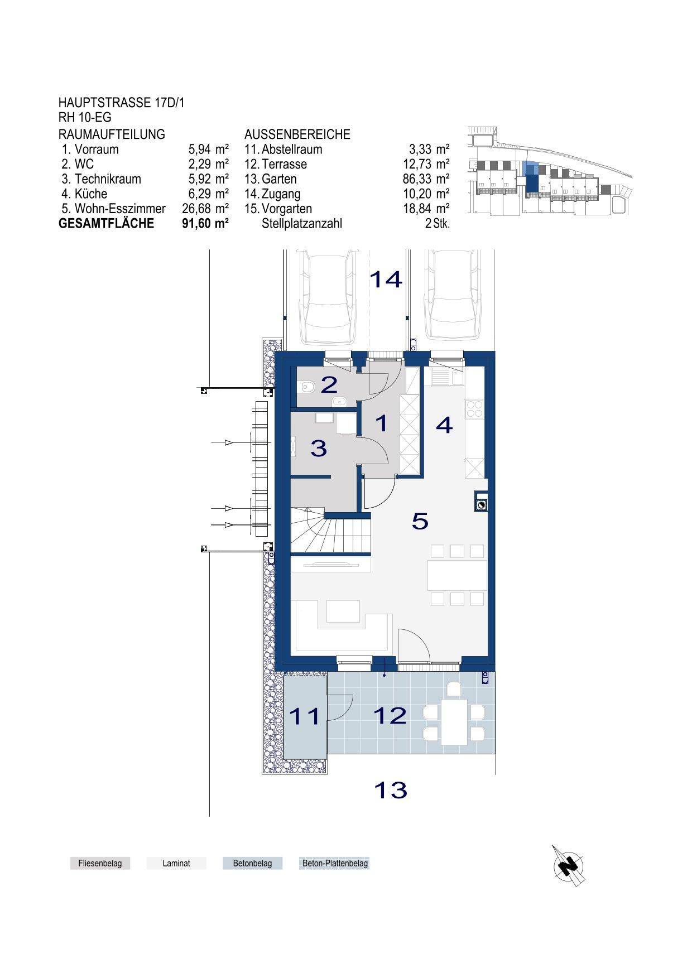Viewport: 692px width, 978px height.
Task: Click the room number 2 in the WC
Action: pos(329,384)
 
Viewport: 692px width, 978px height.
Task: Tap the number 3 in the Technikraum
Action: pos(319,448)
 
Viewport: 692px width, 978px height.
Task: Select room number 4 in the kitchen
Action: pos(444,426)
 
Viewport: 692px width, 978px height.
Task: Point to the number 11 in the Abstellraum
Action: pos(305,716)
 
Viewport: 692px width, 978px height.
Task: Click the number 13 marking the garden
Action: pos(390,790)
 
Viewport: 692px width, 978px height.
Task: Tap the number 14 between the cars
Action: pos(386,279)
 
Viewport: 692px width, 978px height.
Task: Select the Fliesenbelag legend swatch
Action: pos(100,863)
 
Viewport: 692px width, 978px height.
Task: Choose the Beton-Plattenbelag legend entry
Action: pos(335,863)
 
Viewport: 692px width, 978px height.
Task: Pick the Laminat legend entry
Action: pos(176,863)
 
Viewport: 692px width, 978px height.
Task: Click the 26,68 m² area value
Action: pos(205,209)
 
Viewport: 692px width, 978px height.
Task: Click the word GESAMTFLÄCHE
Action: pos(106,223)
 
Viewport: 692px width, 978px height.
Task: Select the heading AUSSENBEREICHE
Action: pos(297,134)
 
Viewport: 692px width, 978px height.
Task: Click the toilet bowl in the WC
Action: pos(305,386)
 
